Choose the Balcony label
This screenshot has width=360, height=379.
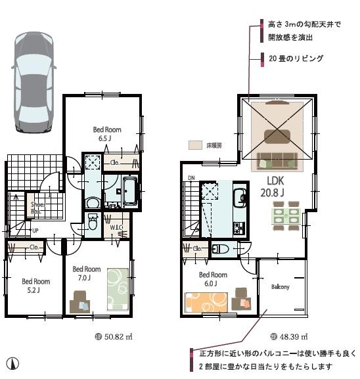pos(281,287)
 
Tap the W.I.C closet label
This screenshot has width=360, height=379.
pos(118,228)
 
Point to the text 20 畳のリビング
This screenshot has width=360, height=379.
pos(296,58)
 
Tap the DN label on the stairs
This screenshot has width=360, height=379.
pos(191,177)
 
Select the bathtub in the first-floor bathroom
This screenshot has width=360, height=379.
pos(128,191)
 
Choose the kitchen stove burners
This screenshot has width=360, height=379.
pos(239,228)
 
